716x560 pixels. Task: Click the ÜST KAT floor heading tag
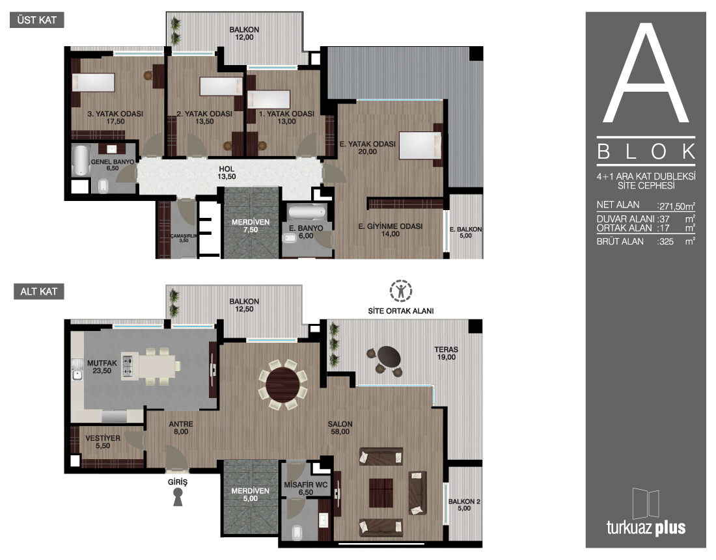click(36, 20)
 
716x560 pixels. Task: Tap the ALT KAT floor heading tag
click(39, 291)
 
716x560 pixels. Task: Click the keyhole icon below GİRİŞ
click(178, 497)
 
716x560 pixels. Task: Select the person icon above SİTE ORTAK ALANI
click(401, 291)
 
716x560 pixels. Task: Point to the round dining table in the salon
click(283, 384)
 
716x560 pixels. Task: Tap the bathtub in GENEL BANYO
click(81, 160)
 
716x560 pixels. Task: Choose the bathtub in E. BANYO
click(307, 212)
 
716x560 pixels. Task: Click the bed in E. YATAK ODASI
click(420, 146)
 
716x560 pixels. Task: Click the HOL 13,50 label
click(227, 173)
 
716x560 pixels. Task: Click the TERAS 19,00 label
click(446, 353)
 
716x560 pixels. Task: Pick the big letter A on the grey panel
click(646, 73)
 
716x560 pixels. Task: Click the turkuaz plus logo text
click(646, 527)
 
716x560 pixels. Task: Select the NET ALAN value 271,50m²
click(676, 206)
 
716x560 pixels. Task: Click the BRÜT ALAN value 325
click(666, 241)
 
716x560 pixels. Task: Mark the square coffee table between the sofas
click(381, 492)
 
